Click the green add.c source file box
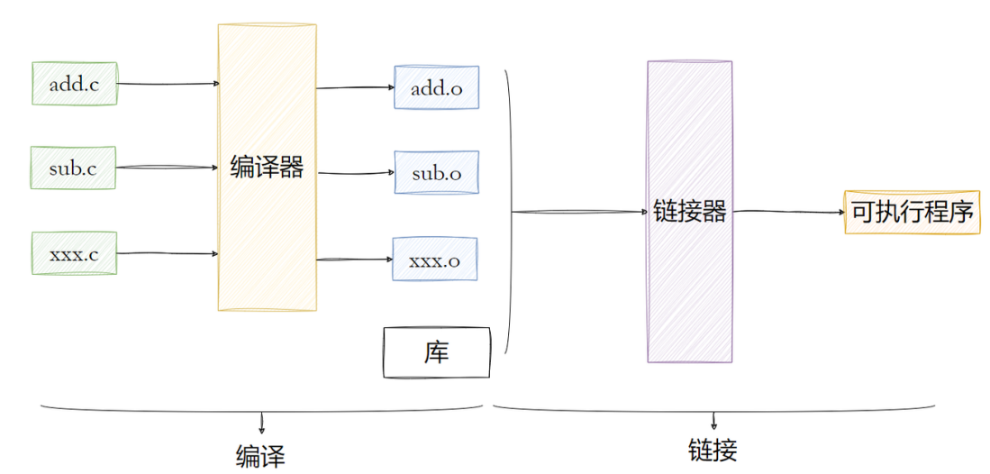coord(74,84)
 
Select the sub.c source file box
coord(74,168)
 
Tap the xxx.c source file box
coord(74,253)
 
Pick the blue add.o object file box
coord(436,87)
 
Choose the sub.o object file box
coord(436,172)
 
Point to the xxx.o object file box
coord(434,260)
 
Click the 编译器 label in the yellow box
coord(267,168)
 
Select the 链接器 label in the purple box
coord(690,213)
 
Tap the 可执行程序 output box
coord(912,213)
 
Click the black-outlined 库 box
coord(437,352)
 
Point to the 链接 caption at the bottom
coord(713,449)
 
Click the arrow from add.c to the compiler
coord(168,84)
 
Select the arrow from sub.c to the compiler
coord(168,168)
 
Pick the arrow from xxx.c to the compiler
coord(168,253)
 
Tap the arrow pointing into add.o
coord(355,88)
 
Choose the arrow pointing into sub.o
coord(355,173)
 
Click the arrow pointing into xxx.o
coord(355,260)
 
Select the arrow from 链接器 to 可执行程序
coord(787,213)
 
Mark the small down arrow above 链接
coord(713,420)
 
